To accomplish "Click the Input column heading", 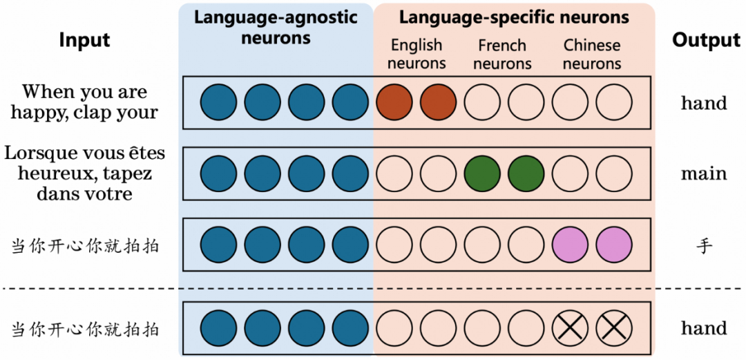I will (x=84, y=40).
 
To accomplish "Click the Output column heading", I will (x=706, y=40).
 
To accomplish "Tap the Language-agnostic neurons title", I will (x=276, y=27).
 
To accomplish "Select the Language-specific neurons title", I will (x=514, y=17).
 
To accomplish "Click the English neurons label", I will (x=417, y=55).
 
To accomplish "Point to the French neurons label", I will (x=502, y=55).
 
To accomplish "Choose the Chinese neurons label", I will (x=592, y=55).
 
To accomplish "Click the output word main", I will (x=704, y=173).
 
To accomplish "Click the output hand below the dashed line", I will (x=704, y=328).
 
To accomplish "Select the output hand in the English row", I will (x=704, y=103).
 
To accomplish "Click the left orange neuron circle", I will (x=394, y=102).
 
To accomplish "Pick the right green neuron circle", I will (x=526, y=173).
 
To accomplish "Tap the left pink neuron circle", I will (x=571, y=245).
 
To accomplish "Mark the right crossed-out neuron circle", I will (x=614, y=328).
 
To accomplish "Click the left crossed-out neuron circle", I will (x=571, y=328).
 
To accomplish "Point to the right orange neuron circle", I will (x=438, y=102).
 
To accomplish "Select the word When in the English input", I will (x=46, y=92).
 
